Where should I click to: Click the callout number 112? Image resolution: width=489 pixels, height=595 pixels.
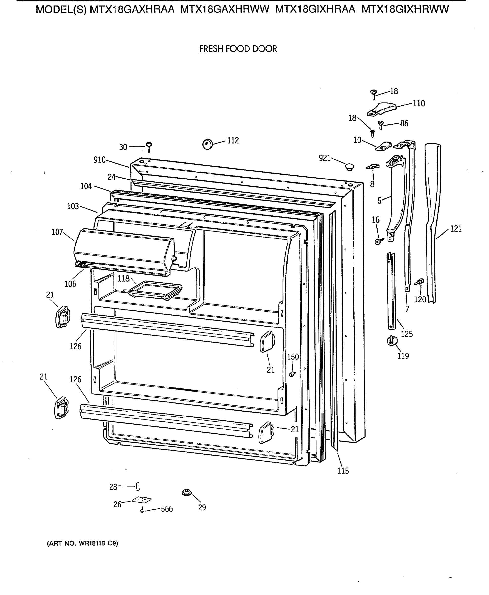(x=233, y=140)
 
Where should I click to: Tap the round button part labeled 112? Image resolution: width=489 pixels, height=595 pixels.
(x=208, y=144)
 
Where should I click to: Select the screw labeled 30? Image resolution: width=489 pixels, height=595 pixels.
(x=149, y=147)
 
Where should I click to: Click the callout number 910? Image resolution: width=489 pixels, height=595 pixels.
(x=99, y=160)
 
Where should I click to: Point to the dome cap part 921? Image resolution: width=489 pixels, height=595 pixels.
(x=349, y=167)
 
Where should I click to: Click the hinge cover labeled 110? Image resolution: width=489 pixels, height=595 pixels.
(x=381, y=109)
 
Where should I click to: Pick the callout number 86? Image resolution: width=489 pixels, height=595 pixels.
(x=404, y=123)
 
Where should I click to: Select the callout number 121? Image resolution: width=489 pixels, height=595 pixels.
(x=456, y=229)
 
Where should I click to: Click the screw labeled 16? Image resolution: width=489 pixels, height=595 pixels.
(x=379, y=241)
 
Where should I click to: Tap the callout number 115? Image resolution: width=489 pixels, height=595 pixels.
(x=343, y=471)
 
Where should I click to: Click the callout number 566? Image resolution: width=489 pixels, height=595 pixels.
(x=167, y=509)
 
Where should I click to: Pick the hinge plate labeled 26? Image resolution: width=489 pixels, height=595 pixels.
(x=142, y=500)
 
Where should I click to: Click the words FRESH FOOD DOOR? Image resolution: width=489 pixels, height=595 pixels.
(x=238, y=49)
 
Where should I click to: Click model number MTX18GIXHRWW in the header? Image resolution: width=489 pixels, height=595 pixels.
(x=405, y=10)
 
